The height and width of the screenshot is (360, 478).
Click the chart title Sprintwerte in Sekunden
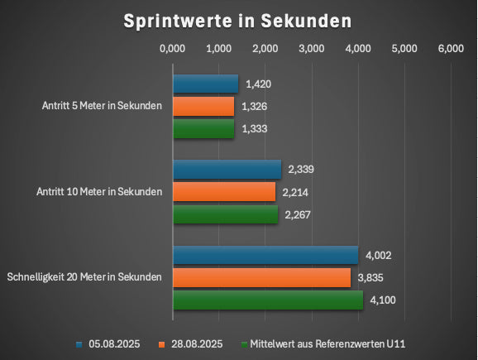pos(238,21)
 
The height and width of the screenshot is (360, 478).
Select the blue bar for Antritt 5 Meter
pos(205,84)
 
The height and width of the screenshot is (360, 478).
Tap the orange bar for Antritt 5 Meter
pos(203,106)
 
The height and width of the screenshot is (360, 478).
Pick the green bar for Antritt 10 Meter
pos(225,214)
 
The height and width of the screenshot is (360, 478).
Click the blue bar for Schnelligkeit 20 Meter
pos(265,255)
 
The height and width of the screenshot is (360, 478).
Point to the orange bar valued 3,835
pos(261,277)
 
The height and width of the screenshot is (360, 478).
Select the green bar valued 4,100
pos(267,300)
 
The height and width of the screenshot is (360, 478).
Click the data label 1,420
pos(259,84)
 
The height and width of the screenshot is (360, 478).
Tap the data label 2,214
pos(296,192)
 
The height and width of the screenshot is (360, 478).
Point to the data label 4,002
pos(378,255)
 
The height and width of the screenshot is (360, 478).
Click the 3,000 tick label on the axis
pos(311,50)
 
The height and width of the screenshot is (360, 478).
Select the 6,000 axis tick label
pos(450,50)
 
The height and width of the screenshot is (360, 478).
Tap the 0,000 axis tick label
pos(172,50)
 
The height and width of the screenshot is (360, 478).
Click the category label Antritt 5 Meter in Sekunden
pos(102,106)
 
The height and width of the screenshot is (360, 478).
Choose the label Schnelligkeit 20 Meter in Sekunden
pos(84,276)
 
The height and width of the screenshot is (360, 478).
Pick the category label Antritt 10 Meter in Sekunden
pos(99,192)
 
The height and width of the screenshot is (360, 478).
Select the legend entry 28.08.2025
pos(196,343)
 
